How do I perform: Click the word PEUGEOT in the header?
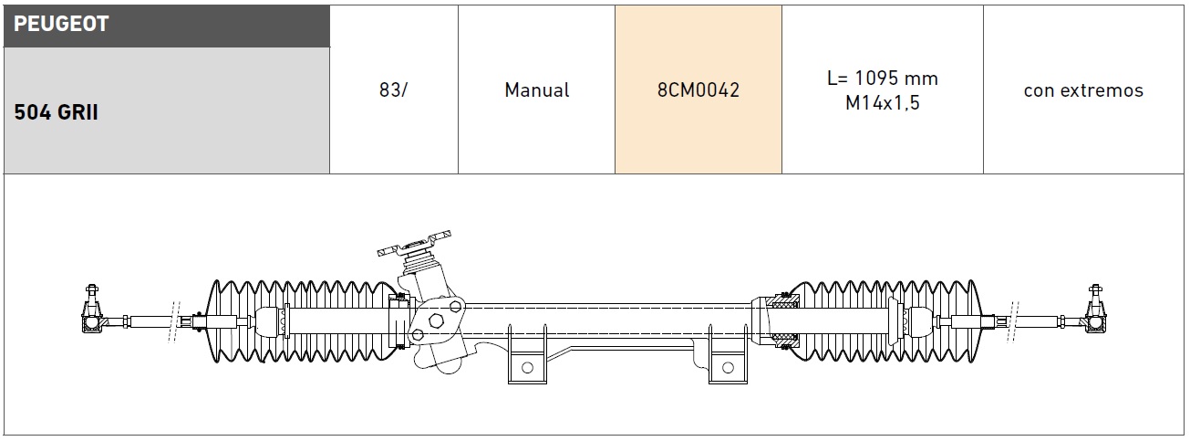coord(61,25)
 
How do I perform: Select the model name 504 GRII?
coord(57,113)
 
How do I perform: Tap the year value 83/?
coord(393,90)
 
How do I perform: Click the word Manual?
coord(536,90)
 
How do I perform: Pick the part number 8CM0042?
coord(698,90)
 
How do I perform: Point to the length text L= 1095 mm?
coord(882,79)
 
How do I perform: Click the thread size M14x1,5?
coord(882,103)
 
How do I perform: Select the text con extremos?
coord(1083,90)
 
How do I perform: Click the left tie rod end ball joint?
coord(89,320)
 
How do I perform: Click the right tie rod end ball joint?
coord(1094,320)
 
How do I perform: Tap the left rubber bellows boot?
coord(301,320)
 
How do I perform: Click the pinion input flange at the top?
coord(416,244)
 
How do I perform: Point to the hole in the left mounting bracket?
coord(525,366)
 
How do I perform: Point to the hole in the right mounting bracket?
coord(727,366)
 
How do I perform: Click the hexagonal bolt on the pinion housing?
coord(435,321)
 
